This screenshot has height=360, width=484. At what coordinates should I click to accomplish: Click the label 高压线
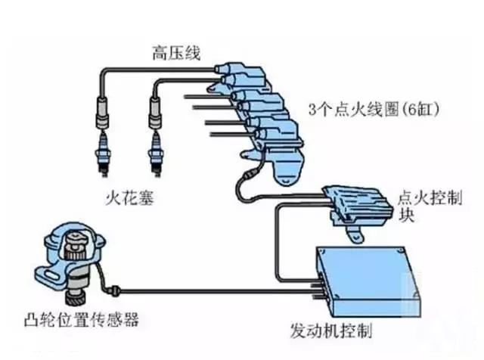pos(176,53)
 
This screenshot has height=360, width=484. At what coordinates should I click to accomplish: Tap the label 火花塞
pos(129,197)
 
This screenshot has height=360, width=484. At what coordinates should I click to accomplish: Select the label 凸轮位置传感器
pos(82,319)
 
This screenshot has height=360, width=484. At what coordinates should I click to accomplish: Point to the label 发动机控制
pos(331,331)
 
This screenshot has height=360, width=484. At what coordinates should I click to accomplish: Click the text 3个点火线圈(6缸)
pos(374,110)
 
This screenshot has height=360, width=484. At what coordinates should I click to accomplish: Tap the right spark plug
pos(156,154)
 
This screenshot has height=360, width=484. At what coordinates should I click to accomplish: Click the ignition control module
pos(358,205)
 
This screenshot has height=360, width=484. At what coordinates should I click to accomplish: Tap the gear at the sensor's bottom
pos(76,298)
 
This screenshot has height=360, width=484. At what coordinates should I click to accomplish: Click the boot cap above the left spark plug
pos(104,112)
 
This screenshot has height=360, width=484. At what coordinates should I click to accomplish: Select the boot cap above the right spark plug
pos(156,112)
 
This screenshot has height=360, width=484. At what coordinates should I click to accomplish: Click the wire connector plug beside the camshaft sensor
pos(114,290)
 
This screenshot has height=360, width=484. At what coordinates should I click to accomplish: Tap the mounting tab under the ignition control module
pos(355,234)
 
